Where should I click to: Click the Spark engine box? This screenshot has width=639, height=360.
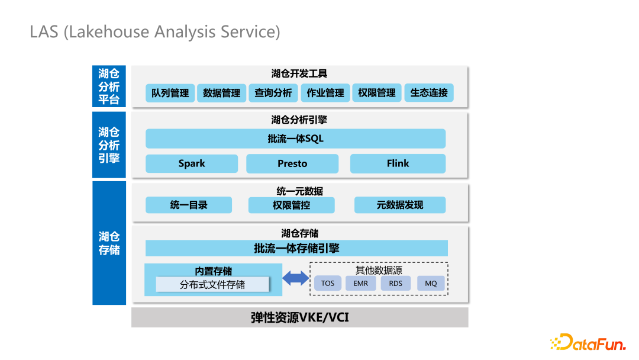pos(192,163)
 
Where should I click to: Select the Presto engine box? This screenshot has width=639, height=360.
pos(292,163)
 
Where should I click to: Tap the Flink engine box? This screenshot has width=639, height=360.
pos(398,163)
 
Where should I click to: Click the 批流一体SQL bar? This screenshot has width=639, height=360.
pos(295,139)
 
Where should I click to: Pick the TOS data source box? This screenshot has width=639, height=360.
pos(328,284)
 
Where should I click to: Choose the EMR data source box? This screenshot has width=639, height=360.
pos(361,284)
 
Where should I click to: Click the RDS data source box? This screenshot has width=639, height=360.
pos(395,284)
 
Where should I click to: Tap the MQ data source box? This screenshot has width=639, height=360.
pos(431,284)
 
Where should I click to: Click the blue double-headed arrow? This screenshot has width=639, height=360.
pos(295,278)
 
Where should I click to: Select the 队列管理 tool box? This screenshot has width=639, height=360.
pos(170,93)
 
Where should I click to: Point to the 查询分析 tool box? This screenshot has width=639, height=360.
pos(273,93)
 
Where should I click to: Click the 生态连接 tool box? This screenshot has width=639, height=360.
pos(429,93)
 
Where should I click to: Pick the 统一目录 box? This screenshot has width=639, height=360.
pos(189,205)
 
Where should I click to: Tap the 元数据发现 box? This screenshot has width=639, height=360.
pos(400,205)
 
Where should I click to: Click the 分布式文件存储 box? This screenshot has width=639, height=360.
pos(212,285)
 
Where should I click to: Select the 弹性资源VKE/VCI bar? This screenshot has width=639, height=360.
pos(299,317)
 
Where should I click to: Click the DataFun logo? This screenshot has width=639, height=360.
pos(588,342)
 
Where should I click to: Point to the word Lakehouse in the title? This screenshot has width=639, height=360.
pos(109,32)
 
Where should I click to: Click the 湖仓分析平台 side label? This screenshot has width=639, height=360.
pos(109,86)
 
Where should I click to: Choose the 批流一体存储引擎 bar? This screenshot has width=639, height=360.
pos(296,248)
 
